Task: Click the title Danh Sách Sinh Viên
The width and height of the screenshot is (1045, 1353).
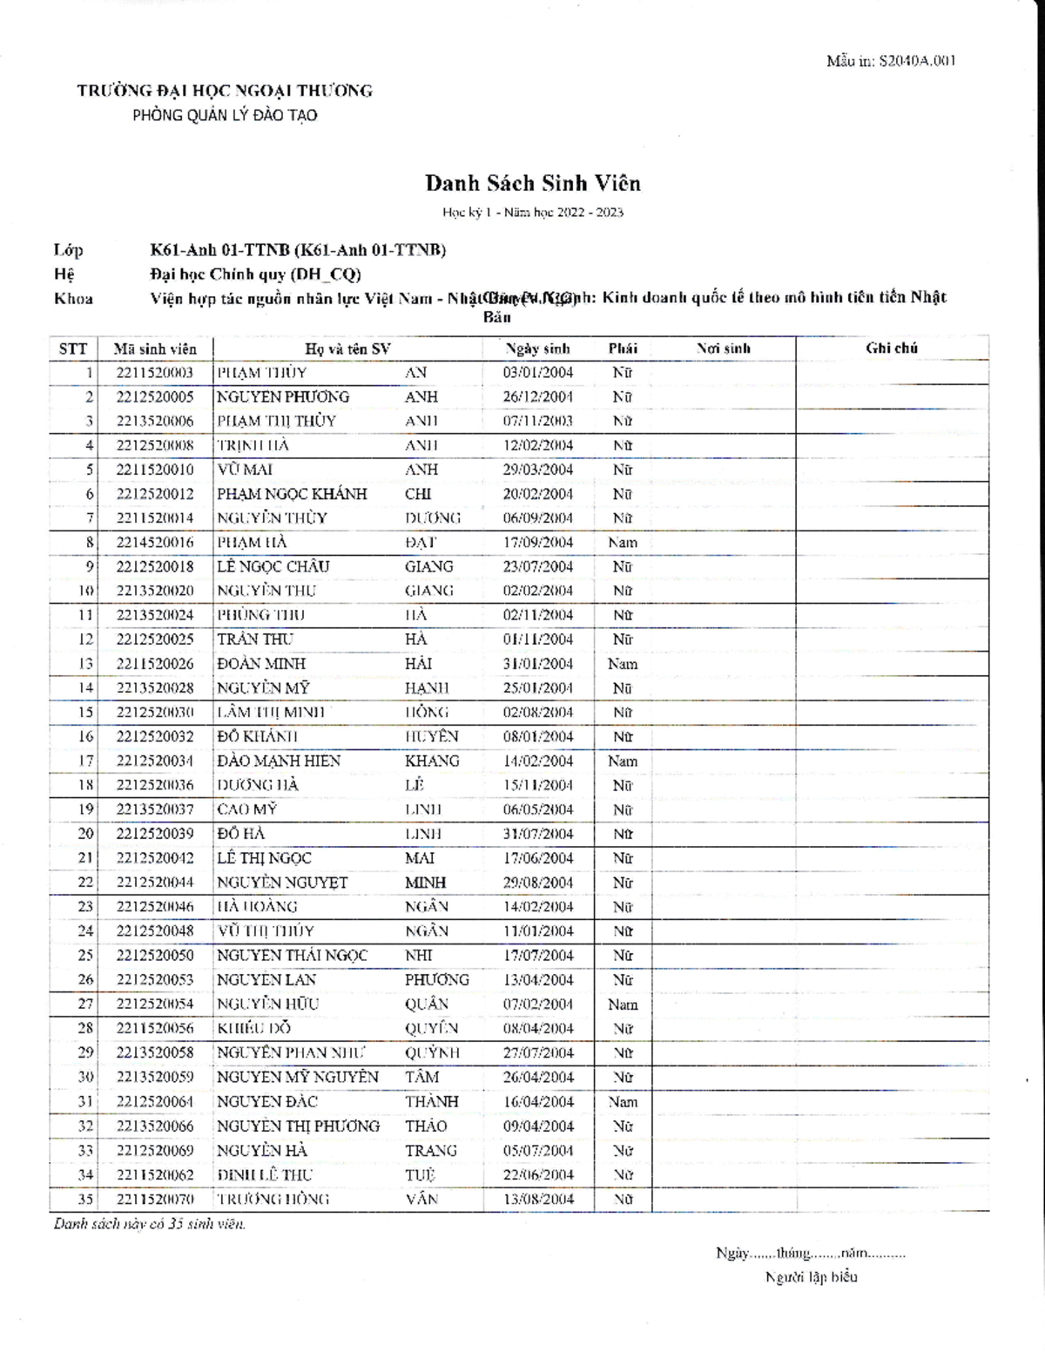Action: click(532, 183)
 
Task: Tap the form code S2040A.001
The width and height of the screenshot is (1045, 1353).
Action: click(891, 61)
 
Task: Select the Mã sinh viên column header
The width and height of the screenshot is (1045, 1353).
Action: click(155, 349)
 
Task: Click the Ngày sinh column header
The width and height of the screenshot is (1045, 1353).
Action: click(537, 348)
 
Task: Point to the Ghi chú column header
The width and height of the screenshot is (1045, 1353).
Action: click(891, 348)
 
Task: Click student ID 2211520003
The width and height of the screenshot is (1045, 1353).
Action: click(155, 373)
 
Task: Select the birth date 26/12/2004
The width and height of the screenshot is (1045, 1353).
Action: click(537, 397)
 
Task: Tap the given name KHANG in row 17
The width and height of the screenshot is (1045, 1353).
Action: click(432, 761)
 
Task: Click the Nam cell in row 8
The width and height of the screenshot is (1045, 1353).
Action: click(622, 542)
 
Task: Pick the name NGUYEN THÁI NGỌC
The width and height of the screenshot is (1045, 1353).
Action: click(292, 955)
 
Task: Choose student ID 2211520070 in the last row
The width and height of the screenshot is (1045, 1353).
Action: click(155, 1199)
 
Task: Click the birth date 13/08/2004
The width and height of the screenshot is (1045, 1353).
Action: click(537, 1199)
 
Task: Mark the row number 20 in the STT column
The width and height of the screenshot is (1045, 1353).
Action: click(85, 834)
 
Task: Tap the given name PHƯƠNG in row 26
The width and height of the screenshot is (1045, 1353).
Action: click(436, 979)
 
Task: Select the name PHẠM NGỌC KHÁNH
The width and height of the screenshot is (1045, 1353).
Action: click(292, 494)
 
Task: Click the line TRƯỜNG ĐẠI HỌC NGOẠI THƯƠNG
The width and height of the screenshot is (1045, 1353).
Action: click(225, 91)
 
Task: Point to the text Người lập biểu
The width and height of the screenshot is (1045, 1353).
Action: click(811, 1277)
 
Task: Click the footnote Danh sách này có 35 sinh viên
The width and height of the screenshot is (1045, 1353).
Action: click(150, 1224)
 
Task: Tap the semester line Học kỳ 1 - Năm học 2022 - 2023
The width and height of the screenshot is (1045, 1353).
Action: click(532, 213)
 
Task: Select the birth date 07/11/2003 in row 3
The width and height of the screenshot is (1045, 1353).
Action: click(537, 422)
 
